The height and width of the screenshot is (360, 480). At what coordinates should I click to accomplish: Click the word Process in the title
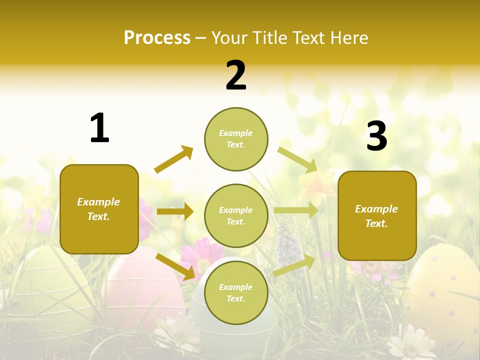click(157, 38)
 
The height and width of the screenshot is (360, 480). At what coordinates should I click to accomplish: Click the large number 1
click(99, 128)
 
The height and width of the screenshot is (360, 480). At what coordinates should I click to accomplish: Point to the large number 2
click(236, 75)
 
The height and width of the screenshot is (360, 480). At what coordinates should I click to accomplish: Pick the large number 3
click(376, 136)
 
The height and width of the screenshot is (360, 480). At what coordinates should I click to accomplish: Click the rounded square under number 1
click(99, 209)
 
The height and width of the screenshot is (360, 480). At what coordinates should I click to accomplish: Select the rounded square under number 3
click(377, 216)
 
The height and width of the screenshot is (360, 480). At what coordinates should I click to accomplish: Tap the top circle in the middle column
click(236, 139)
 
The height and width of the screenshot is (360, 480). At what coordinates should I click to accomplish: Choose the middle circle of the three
click(236, 216)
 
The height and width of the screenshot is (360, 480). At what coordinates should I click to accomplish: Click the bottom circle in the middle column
click(236, 293)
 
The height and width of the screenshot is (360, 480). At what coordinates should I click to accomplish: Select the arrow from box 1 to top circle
click(173, 159)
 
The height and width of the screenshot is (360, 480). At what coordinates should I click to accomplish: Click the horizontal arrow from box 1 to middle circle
click(175, 211)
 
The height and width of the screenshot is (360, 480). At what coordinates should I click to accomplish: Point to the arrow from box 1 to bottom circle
click(175, 266)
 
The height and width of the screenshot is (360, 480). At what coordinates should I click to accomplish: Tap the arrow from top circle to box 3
click(297, 159)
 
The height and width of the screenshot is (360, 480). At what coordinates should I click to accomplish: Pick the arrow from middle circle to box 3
click(296, 210)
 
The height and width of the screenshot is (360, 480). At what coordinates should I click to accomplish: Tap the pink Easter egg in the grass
click(145, 290)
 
